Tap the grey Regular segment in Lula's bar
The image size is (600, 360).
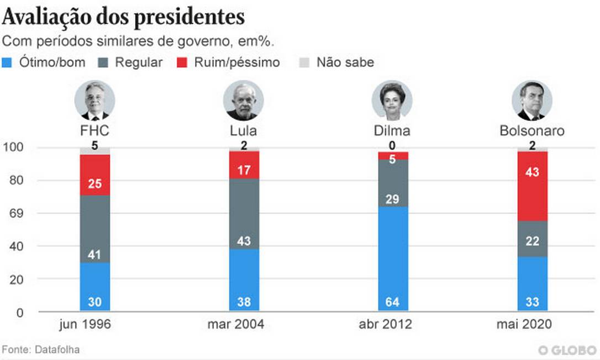tap(244, 214)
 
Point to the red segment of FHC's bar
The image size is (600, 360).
tap(94, 175)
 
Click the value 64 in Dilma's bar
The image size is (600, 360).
tap(393, 303)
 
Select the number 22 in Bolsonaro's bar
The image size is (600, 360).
tap(532, 241)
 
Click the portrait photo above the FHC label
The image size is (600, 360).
tap(94, 101)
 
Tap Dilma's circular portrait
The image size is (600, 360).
tap(392, 101)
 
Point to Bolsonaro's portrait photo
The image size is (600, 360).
tap(532, 101)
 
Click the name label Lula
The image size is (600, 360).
tap(244, 131)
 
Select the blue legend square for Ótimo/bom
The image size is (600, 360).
tap(8, 62)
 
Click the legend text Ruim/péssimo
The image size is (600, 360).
tap(236, 62)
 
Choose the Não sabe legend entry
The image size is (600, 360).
tap(345, 62)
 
